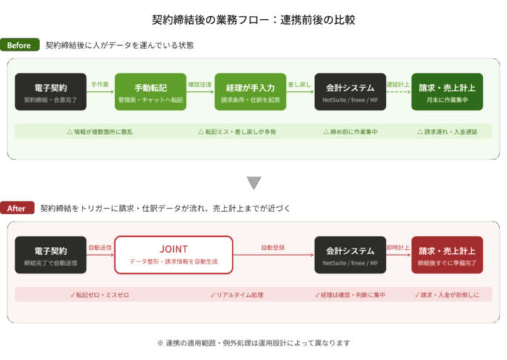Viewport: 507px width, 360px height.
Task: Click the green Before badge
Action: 20,46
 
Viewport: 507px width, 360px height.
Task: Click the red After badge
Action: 17,209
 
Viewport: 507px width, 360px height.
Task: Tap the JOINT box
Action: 173,254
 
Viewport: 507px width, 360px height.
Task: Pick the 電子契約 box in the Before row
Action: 50,92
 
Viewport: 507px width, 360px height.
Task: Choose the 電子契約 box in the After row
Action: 50,254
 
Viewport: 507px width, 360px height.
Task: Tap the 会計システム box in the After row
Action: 351,254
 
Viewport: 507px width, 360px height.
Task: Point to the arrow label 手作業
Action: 100,84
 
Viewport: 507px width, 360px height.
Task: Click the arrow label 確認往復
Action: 199,84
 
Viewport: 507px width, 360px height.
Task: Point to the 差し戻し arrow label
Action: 300,84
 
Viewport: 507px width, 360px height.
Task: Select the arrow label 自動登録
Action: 273,248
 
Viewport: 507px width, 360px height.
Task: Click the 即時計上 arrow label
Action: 398,248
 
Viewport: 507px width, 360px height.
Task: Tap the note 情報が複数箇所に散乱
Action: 100,133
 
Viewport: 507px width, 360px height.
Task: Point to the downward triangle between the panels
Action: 253,183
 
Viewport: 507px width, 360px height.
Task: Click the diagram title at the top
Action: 253,20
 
